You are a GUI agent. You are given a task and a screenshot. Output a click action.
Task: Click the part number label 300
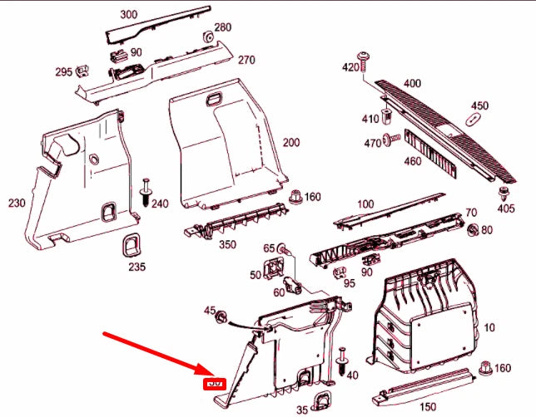128,15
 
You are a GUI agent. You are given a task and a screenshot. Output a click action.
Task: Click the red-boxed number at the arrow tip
215,383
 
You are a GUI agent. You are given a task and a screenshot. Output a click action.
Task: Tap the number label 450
479,105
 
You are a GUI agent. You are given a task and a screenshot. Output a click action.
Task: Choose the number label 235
136,267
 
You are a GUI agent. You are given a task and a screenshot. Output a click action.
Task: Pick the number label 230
16,204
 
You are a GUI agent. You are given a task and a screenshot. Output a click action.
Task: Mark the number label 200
290,143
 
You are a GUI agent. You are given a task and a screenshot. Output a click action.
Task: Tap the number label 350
227,245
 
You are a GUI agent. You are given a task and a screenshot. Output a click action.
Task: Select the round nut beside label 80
474,229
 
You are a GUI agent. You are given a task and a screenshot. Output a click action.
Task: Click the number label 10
488,329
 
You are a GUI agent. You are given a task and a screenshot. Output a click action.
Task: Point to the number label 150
427,406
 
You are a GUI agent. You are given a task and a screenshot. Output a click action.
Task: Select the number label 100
365,204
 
